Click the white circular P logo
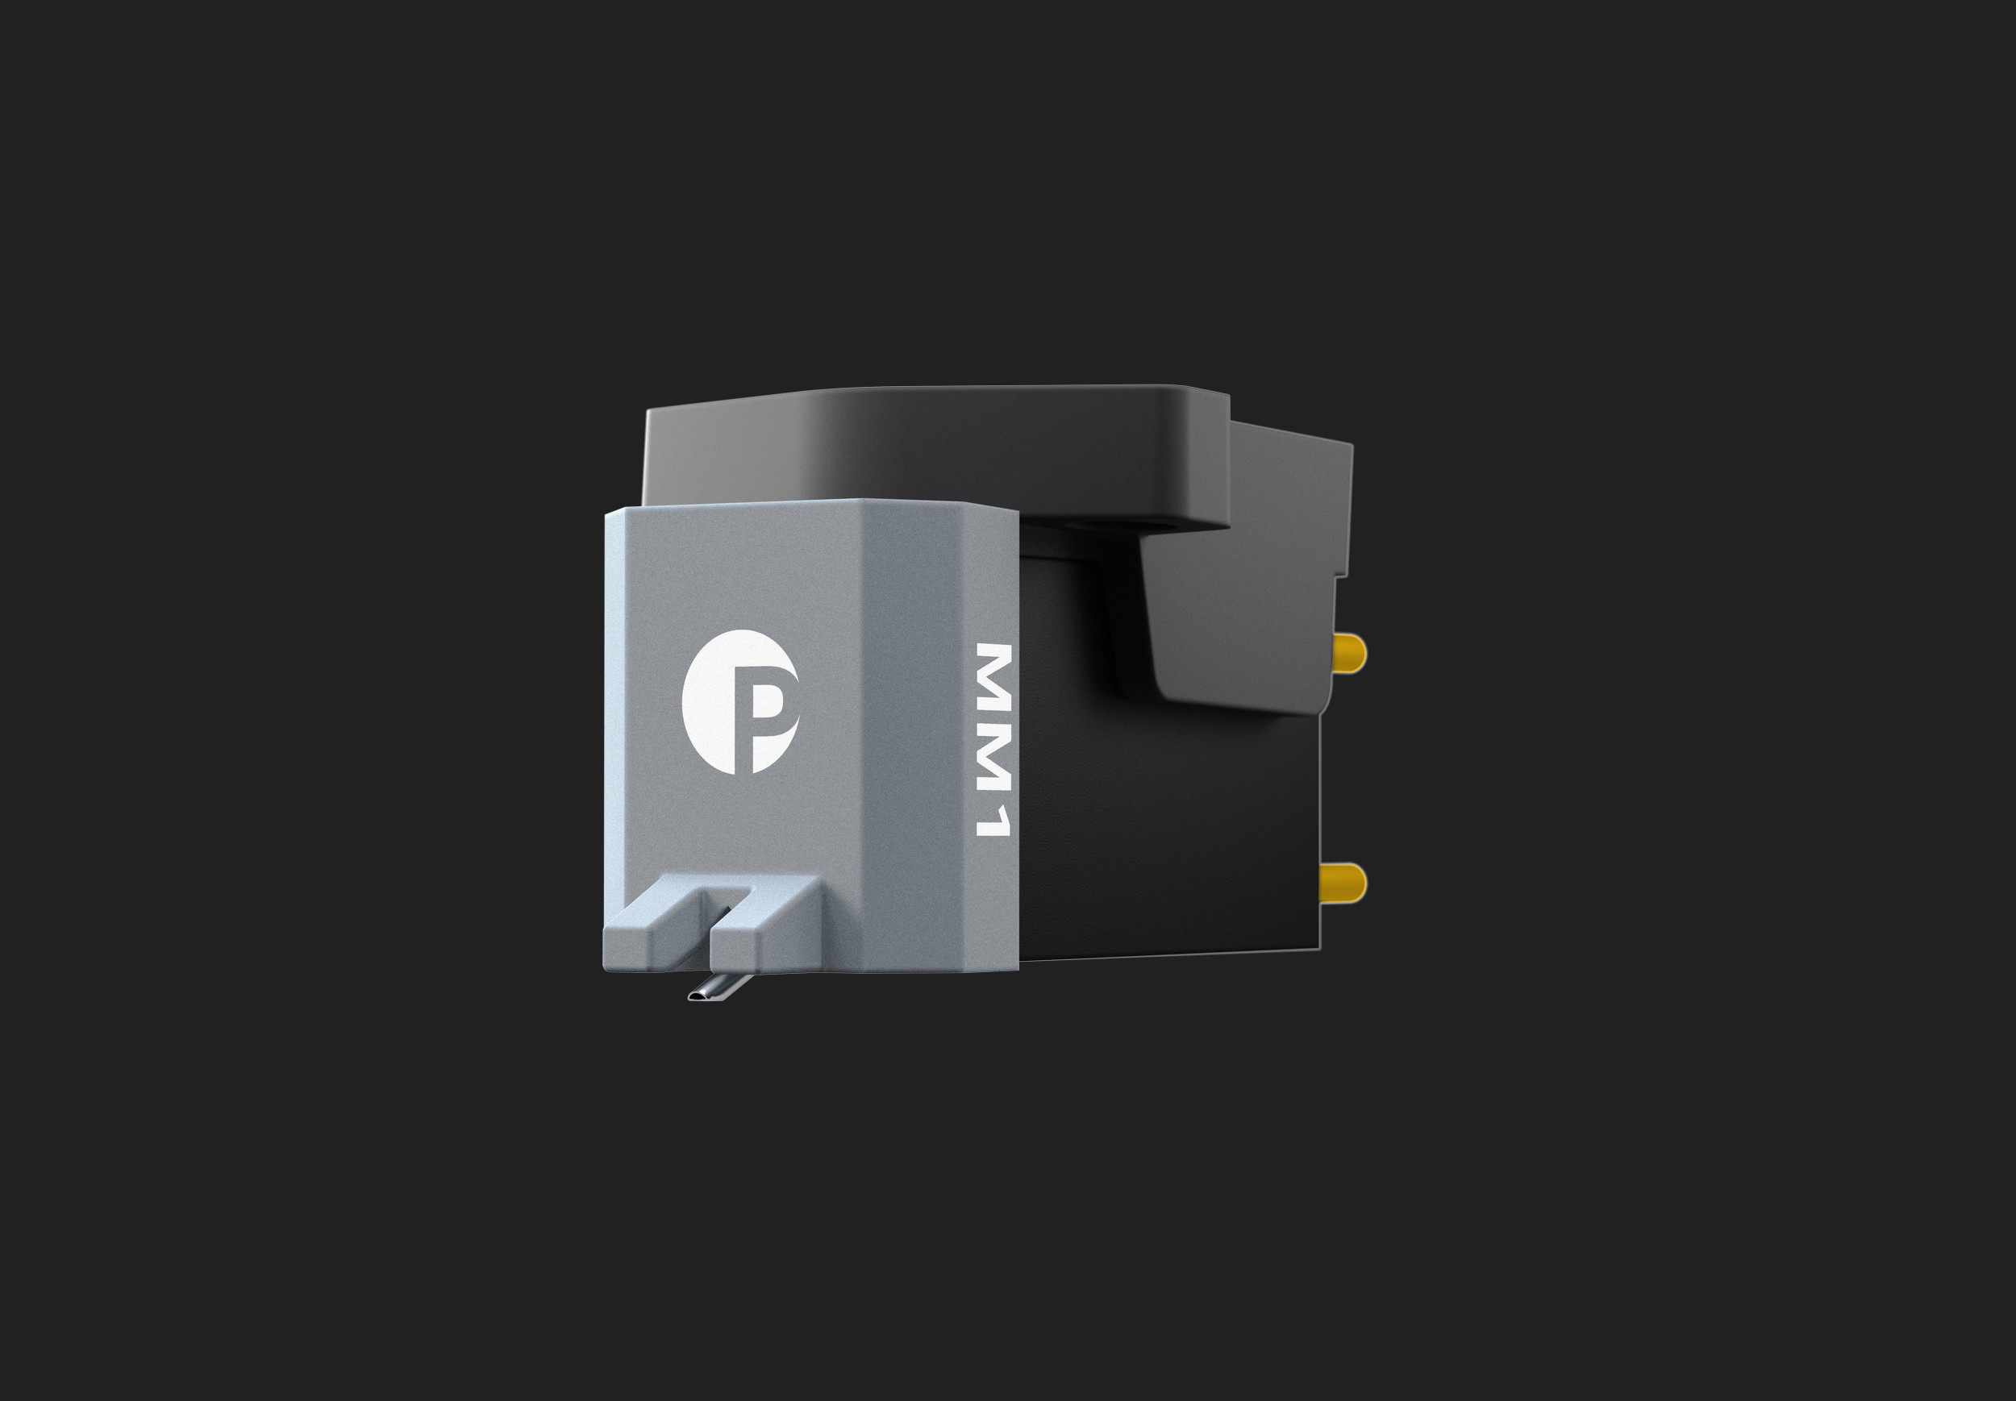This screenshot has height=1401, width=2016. click(x=739, y=701)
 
